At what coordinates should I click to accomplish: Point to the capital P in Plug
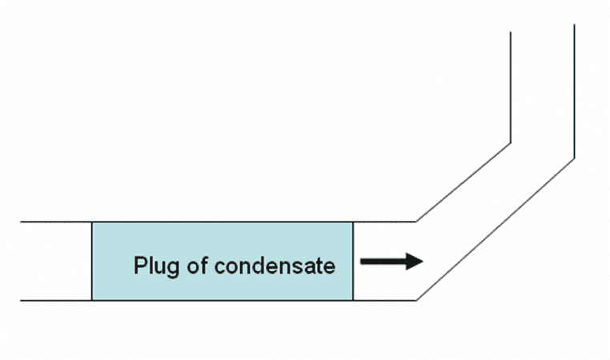pos(139,266)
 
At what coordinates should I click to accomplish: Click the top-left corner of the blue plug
pos(92,222)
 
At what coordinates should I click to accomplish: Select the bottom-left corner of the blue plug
pos(92,300)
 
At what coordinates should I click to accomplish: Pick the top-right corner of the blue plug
pos(353,222)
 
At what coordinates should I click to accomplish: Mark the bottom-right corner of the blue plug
pos(353,300)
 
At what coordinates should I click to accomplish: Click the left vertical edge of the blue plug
pos(92,261)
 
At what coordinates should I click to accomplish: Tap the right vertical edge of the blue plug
pos(353,261)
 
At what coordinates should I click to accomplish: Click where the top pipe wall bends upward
pos(416,222)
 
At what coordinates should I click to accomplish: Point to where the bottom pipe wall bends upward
pos(416,300)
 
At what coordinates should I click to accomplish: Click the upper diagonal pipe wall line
pos(464,182)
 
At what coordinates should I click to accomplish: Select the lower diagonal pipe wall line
pos(496,229)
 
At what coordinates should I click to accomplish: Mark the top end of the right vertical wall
pos(574,25)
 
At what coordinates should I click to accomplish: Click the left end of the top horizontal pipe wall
pos(22,222)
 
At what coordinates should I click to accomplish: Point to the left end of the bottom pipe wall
pos(22,300)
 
